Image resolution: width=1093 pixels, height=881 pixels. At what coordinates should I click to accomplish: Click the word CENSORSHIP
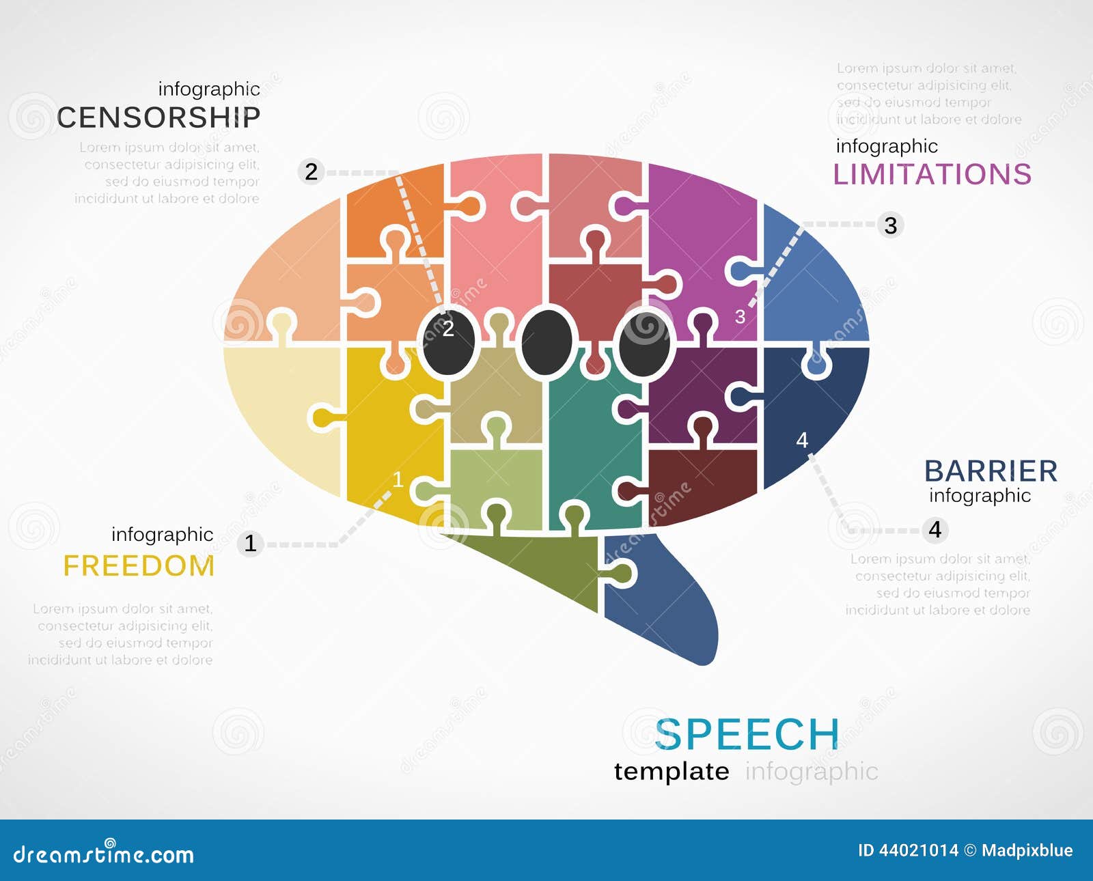pos(158,117)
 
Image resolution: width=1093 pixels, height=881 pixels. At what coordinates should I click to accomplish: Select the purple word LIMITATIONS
pos(932,174)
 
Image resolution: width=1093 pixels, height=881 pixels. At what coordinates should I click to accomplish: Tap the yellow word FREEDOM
pos(139,565)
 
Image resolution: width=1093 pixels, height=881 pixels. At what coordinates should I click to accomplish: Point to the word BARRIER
pos(991,471)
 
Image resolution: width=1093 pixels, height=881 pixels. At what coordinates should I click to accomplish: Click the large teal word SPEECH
pos(747,734)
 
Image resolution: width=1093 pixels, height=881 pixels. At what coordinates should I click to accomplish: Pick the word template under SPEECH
pos(672,771)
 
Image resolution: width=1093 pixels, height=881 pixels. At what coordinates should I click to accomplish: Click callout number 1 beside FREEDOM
pos(251,543)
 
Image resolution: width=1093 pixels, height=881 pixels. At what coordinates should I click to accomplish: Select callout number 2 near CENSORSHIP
pos(312,171)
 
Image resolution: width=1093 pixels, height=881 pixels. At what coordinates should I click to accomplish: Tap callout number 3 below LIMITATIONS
pos(890,225)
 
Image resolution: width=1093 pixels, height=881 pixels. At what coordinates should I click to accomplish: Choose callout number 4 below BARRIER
pos(935,529)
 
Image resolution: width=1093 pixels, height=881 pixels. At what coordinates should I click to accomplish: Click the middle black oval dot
pos(546,342)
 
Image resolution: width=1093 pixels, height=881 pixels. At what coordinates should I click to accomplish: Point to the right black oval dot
pos(644,342)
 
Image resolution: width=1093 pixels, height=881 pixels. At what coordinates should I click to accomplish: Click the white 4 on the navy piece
pos(802,440)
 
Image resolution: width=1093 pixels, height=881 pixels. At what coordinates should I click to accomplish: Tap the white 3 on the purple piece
pos(740,317)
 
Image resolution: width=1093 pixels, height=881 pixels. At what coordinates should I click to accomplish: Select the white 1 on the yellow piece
pos(398,480)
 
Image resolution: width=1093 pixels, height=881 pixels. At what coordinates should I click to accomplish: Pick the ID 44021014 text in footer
pos(908,850)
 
